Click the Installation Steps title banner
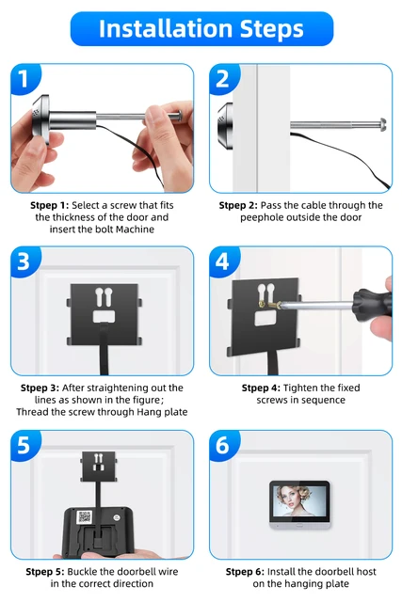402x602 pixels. pos(201,29)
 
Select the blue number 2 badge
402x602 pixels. pos(223,79)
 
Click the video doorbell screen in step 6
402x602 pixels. pos(299,505)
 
